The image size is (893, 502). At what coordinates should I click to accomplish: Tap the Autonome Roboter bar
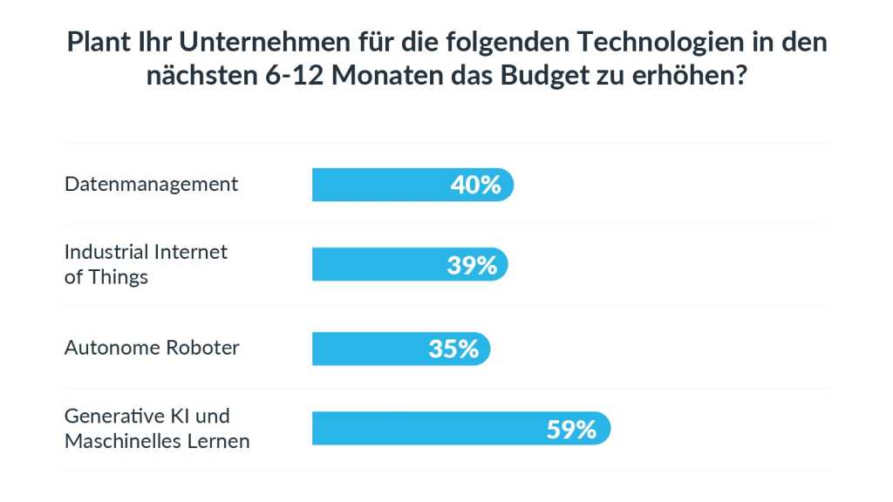coord(366,349)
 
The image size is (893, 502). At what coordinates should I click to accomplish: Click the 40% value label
coord(475,185)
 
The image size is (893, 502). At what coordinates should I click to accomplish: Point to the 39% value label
coord(472,265)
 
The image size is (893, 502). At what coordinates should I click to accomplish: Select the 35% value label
coord(453,349)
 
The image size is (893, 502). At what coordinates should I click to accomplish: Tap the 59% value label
coord(571,429)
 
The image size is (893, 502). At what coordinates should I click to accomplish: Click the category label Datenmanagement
coord(151,184)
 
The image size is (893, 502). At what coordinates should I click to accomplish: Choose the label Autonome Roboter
coord(152,348)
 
